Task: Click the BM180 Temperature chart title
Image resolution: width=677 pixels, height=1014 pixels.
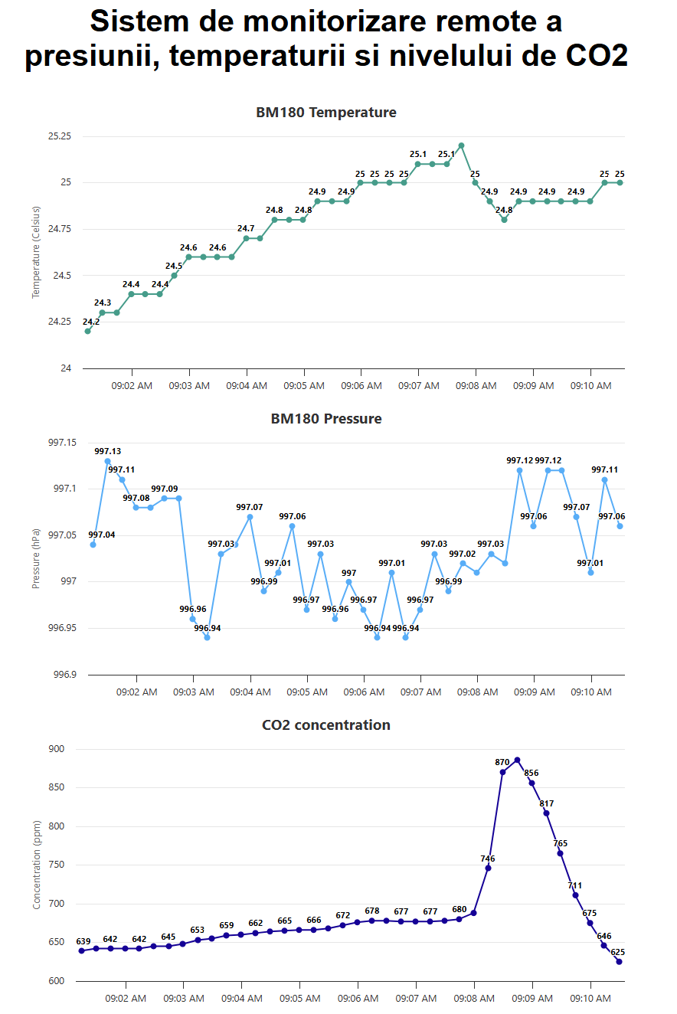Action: (x=325, y=113)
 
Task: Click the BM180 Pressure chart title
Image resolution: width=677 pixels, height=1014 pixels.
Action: (x=325, y=419)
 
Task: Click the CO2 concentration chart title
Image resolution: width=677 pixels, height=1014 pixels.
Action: (x=325, y=725)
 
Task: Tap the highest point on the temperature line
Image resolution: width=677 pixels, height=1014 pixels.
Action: (x=461, y=146)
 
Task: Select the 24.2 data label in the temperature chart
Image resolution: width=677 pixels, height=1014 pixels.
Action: (x=91, y=322)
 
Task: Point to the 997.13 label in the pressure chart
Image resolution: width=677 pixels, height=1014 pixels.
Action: (x=107, y=451)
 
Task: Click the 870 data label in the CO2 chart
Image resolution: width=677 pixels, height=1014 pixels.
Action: (x=502, y=762)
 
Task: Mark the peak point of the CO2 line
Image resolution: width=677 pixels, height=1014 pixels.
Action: (x=517, y=760)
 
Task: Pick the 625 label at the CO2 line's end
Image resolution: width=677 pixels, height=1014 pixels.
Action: (x=618, y=952)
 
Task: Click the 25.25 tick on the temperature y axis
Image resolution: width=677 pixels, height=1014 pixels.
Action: (x=59, y=136)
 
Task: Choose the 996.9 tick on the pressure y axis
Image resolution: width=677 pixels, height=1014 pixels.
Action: (x=63, y=675)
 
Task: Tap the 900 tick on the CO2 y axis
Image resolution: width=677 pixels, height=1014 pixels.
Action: (x=57, y=749)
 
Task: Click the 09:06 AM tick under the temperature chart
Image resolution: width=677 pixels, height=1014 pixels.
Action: (x=361, y=386)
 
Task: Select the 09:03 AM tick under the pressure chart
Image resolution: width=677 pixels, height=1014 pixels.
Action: (x=194, y=692)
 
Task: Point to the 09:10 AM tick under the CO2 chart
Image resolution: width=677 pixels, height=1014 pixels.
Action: (x=591, y=999)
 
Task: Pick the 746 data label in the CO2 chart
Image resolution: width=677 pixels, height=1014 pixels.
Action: (x=488, y=859)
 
